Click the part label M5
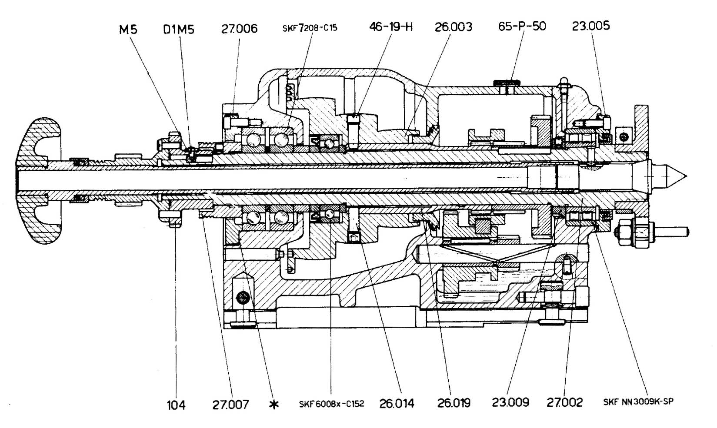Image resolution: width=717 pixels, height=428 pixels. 128,30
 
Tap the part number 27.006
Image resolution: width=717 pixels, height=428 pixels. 239,29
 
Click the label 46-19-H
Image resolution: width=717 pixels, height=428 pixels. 390,27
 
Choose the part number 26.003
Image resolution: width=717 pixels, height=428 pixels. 453,27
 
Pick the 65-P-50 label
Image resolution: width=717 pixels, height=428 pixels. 522,26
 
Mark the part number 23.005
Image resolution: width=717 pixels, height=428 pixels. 590,26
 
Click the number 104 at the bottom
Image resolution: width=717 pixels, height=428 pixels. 176,405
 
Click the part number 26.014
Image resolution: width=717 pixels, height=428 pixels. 397,404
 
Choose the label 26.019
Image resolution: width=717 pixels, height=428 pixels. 454,403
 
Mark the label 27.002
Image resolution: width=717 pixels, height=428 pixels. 564,402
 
